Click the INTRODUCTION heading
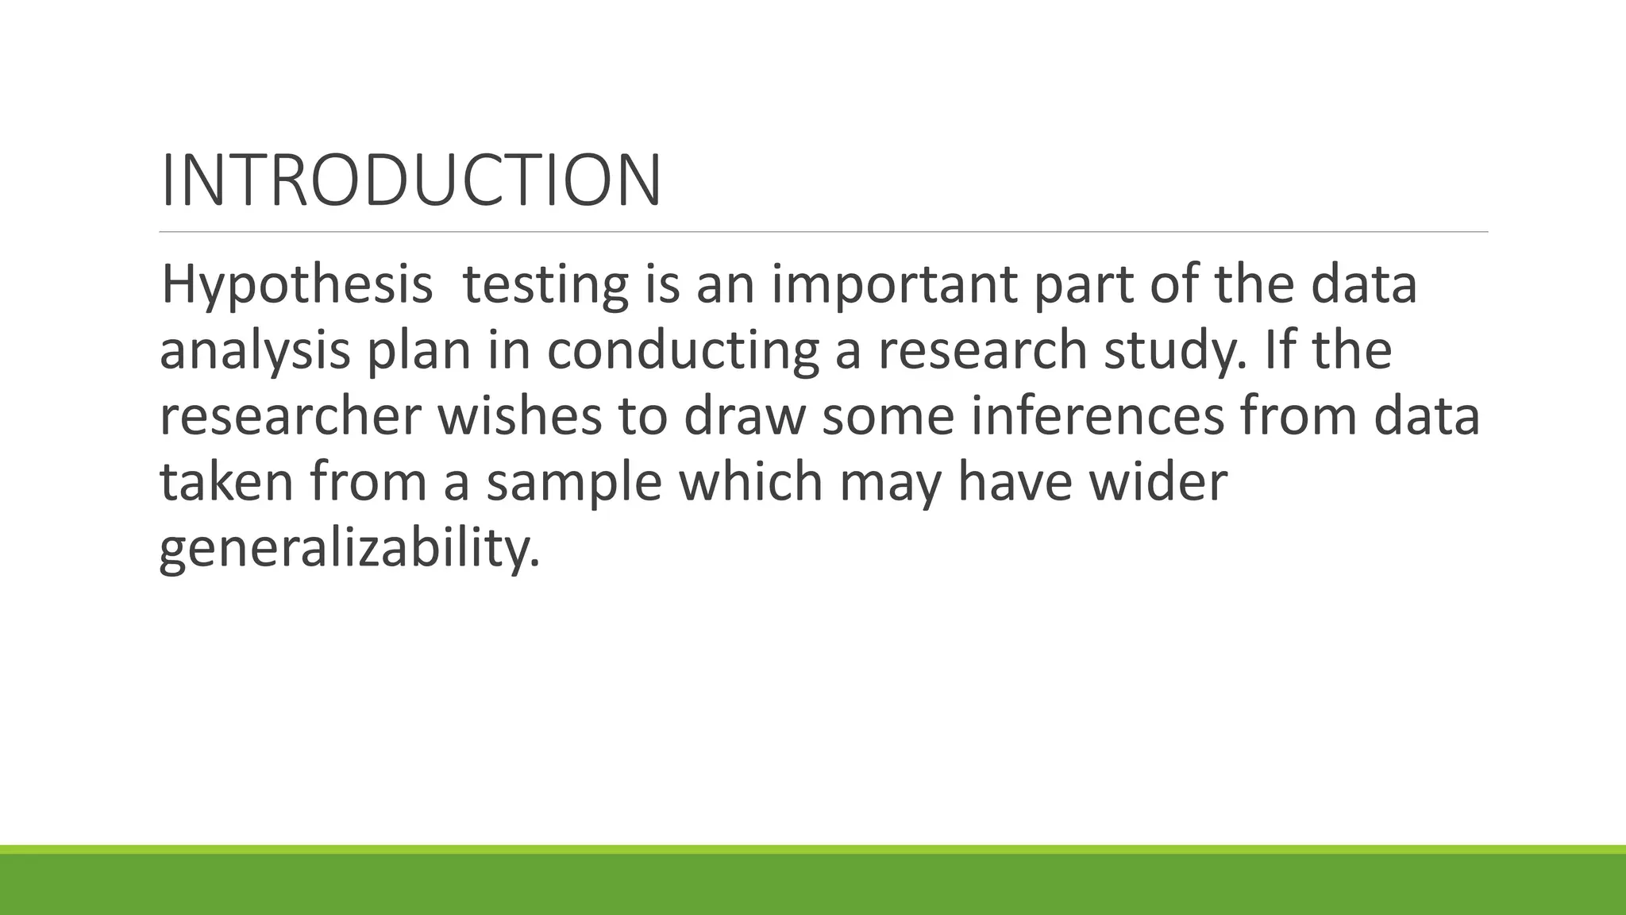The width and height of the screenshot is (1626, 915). pyautogui.click(x=410, y=181)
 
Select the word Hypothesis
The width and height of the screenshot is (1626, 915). pyautogui.click(x=296, y=285)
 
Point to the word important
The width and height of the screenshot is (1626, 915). pyautogui.click(x=893, y=285)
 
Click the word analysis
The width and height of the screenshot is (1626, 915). pyautogui.click(x=255, y=351)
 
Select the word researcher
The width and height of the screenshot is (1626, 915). pyautogui.click(x=290, y=417)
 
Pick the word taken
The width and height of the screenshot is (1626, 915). pyautogui.click(x=227, y=482)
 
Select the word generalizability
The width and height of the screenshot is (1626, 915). pyautogui.click(x=349, y=549)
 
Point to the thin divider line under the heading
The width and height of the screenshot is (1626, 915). pyautogui.click(x=823, y=232)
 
